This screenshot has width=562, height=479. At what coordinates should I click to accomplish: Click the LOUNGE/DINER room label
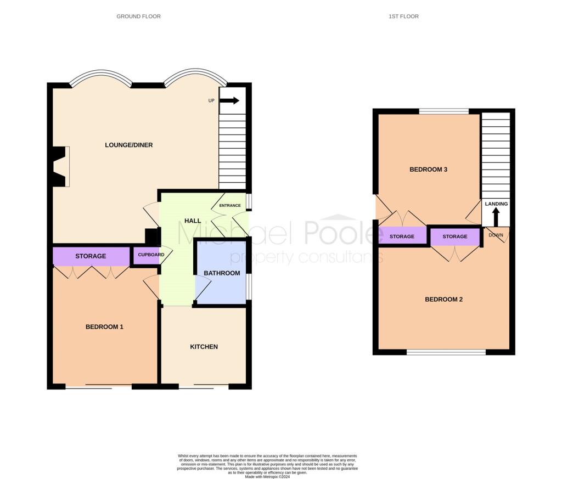128,145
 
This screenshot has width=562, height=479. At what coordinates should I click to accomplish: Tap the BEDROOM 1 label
104,326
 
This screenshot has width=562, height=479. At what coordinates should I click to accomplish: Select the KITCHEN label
204,347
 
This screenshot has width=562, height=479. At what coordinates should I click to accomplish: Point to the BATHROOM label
222,273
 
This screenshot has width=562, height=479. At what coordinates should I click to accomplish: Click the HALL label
193,221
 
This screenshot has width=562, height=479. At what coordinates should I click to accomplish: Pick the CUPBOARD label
151,255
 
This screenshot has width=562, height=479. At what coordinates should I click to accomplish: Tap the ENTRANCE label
230,205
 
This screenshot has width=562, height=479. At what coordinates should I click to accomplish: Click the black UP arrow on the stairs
229,100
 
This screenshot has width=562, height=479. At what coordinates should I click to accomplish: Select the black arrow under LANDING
496,217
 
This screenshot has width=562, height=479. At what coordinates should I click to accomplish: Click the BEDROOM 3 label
428,170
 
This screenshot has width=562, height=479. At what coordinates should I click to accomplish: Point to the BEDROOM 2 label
443,300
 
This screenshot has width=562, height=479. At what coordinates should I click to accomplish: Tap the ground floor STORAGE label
91,256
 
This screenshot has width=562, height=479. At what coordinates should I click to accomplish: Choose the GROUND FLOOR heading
138,16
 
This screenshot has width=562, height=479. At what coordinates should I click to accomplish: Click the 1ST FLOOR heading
403,16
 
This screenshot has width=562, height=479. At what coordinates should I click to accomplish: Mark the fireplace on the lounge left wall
61,166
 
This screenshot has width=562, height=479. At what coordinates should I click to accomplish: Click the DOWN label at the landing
496,235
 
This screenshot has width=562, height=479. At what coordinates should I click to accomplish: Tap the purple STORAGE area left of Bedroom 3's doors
402,235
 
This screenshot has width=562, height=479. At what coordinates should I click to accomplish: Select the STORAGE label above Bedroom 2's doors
455,236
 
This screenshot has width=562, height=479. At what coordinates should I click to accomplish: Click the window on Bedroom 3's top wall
444,111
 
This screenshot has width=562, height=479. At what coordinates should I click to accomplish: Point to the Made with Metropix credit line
267,477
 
